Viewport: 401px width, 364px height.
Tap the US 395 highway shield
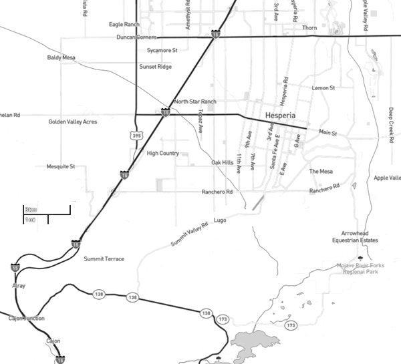tap(137, 136)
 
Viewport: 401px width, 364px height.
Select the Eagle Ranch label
tap(124, 25)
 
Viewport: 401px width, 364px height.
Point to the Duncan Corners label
tap(136, 37)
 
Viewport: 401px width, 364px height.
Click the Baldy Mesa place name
tap(61, 58)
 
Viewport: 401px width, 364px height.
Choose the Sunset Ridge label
tap(155, 67)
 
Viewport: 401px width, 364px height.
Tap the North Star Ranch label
tap(195, 102)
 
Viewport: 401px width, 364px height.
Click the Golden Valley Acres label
tap(73, 122)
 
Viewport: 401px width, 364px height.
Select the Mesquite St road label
tap(61, 166)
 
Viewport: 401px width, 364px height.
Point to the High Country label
tap(162, 153)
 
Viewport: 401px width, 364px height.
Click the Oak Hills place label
tap(223, 162)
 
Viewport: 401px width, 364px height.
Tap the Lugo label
tap(221, 220)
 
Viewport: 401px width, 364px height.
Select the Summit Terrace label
tap(104, 258)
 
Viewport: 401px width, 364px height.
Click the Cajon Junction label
tap(25, 319)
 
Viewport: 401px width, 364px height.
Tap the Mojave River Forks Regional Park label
tap(361, 269)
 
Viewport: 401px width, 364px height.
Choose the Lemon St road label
tap(323, 87)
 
